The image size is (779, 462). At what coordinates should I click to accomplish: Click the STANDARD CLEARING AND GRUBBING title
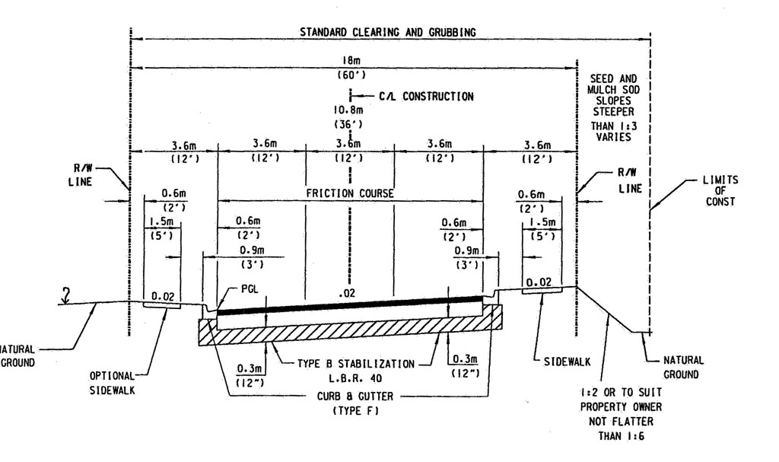[x=389, y=33]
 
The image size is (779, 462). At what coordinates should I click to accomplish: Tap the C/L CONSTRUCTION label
[x=426, y=97]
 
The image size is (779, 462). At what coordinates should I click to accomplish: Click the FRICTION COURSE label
[x=349, y=194]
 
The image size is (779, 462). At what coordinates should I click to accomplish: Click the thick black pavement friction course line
[x=350, y=305]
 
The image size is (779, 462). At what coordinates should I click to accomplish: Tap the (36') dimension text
[x=349, y=123]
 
